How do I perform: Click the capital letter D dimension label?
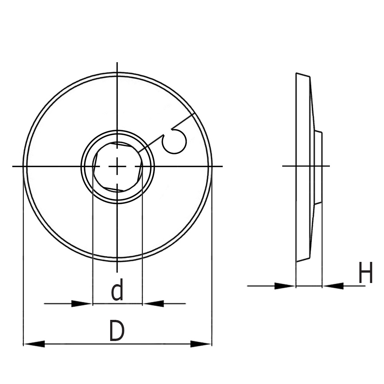pyautogui.click(x=117, y=331)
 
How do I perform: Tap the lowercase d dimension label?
pyautogui.click(x=118, y=290)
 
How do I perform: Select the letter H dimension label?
pyautogui.click(x=366, y=273)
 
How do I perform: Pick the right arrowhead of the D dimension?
pyautogui.click(x=201, y=344)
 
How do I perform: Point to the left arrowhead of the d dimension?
pyautogui.click(x=82, y=303)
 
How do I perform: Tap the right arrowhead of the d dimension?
pyautogui.click(x=153, y=303)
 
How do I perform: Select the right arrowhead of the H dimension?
pyautogui.click(x=333, y=286)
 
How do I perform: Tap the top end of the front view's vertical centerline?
pyautogui.click(x=117, y=63)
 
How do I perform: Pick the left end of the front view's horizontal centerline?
pyautogui.click(x=14, y=166)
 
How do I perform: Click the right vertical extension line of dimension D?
pyautogui.click(x=212, y=269)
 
